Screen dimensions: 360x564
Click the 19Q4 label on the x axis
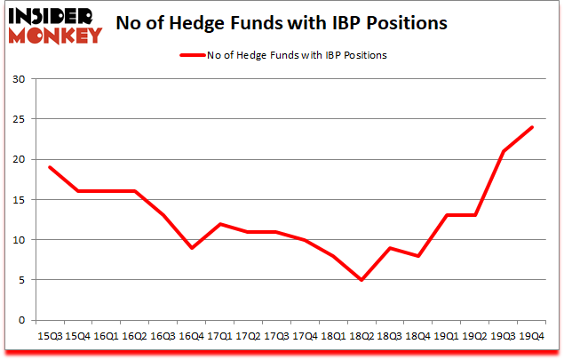pos(531,335)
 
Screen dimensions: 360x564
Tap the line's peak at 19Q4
pos(531,127)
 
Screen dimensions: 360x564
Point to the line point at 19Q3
pos(502,151)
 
